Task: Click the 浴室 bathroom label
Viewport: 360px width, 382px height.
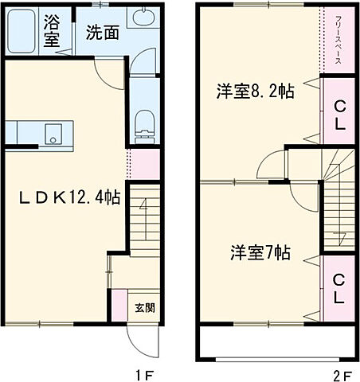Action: coord(52,30)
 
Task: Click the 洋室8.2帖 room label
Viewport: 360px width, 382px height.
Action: coord(255,92)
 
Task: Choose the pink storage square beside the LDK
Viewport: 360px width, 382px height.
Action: coord(144,163)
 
